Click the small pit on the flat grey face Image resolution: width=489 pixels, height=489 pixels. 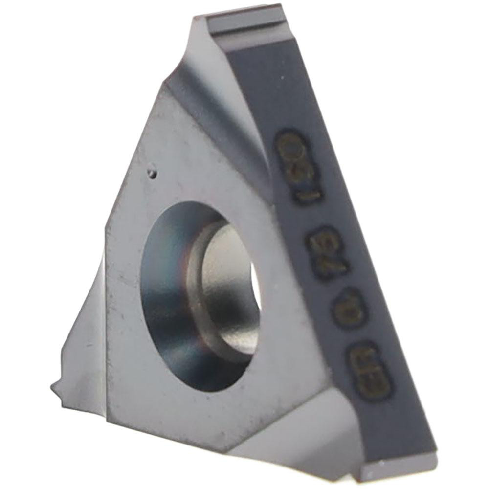tap(153, 172)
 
